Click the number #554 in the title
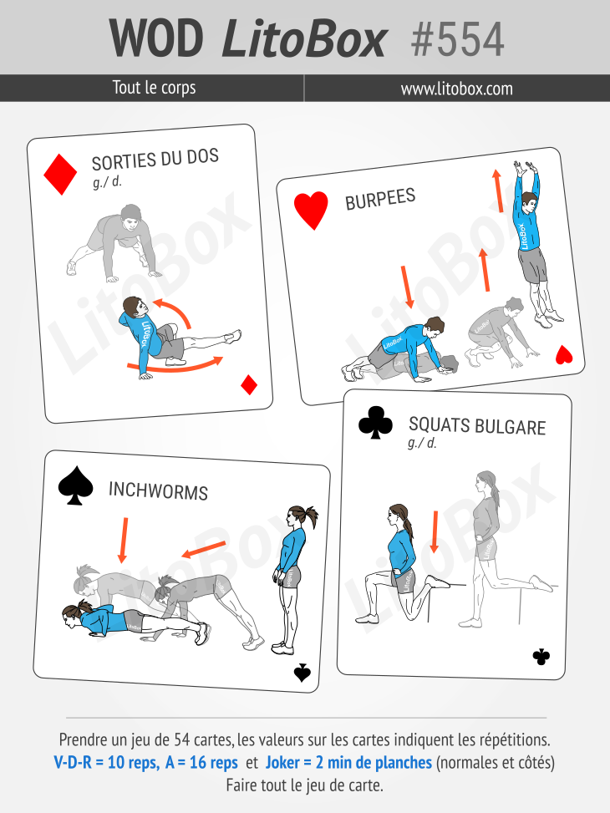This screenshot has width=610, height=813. click(458, 39)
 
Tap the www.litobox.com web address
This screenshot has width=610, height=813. click(456, 89)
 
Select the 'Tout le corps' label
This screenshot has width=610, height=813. click(154, 88)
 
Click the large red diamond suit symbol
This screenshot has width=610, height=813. click(60, 174)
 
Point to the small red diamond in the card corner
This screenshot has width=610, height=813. click(249, 384)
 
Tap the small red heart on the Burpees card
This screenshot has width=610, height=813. click(564, 354)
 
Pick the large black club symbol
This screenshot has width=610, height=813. click(375, 421)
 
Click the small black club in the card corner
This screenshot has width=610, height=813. click(541, 657)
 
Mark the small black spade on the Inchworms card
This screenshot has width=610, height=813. click(302, 673)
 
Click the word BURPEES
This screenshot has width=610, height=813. click(380, 199)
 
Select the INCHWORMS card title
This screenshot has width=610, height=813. click(158, 490)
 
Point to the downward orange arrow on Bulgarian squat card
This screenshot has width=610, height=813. click(435, 532)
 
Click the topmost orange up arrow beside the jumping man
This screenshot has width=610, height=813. click(497, 191)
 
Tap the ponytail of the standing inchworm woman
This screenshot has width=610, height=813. click(310, 516)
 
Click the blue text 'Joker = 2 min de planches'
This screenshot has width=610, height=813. click(348, 762)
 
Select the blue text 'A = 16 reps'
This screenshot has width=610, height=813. click(201, 762)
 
